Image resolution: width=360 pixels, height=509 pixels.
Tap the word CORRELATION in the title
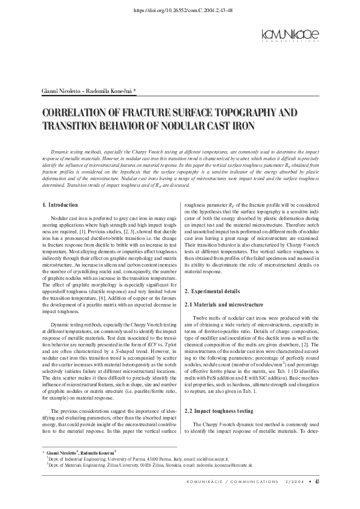[x=80, y=113]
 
